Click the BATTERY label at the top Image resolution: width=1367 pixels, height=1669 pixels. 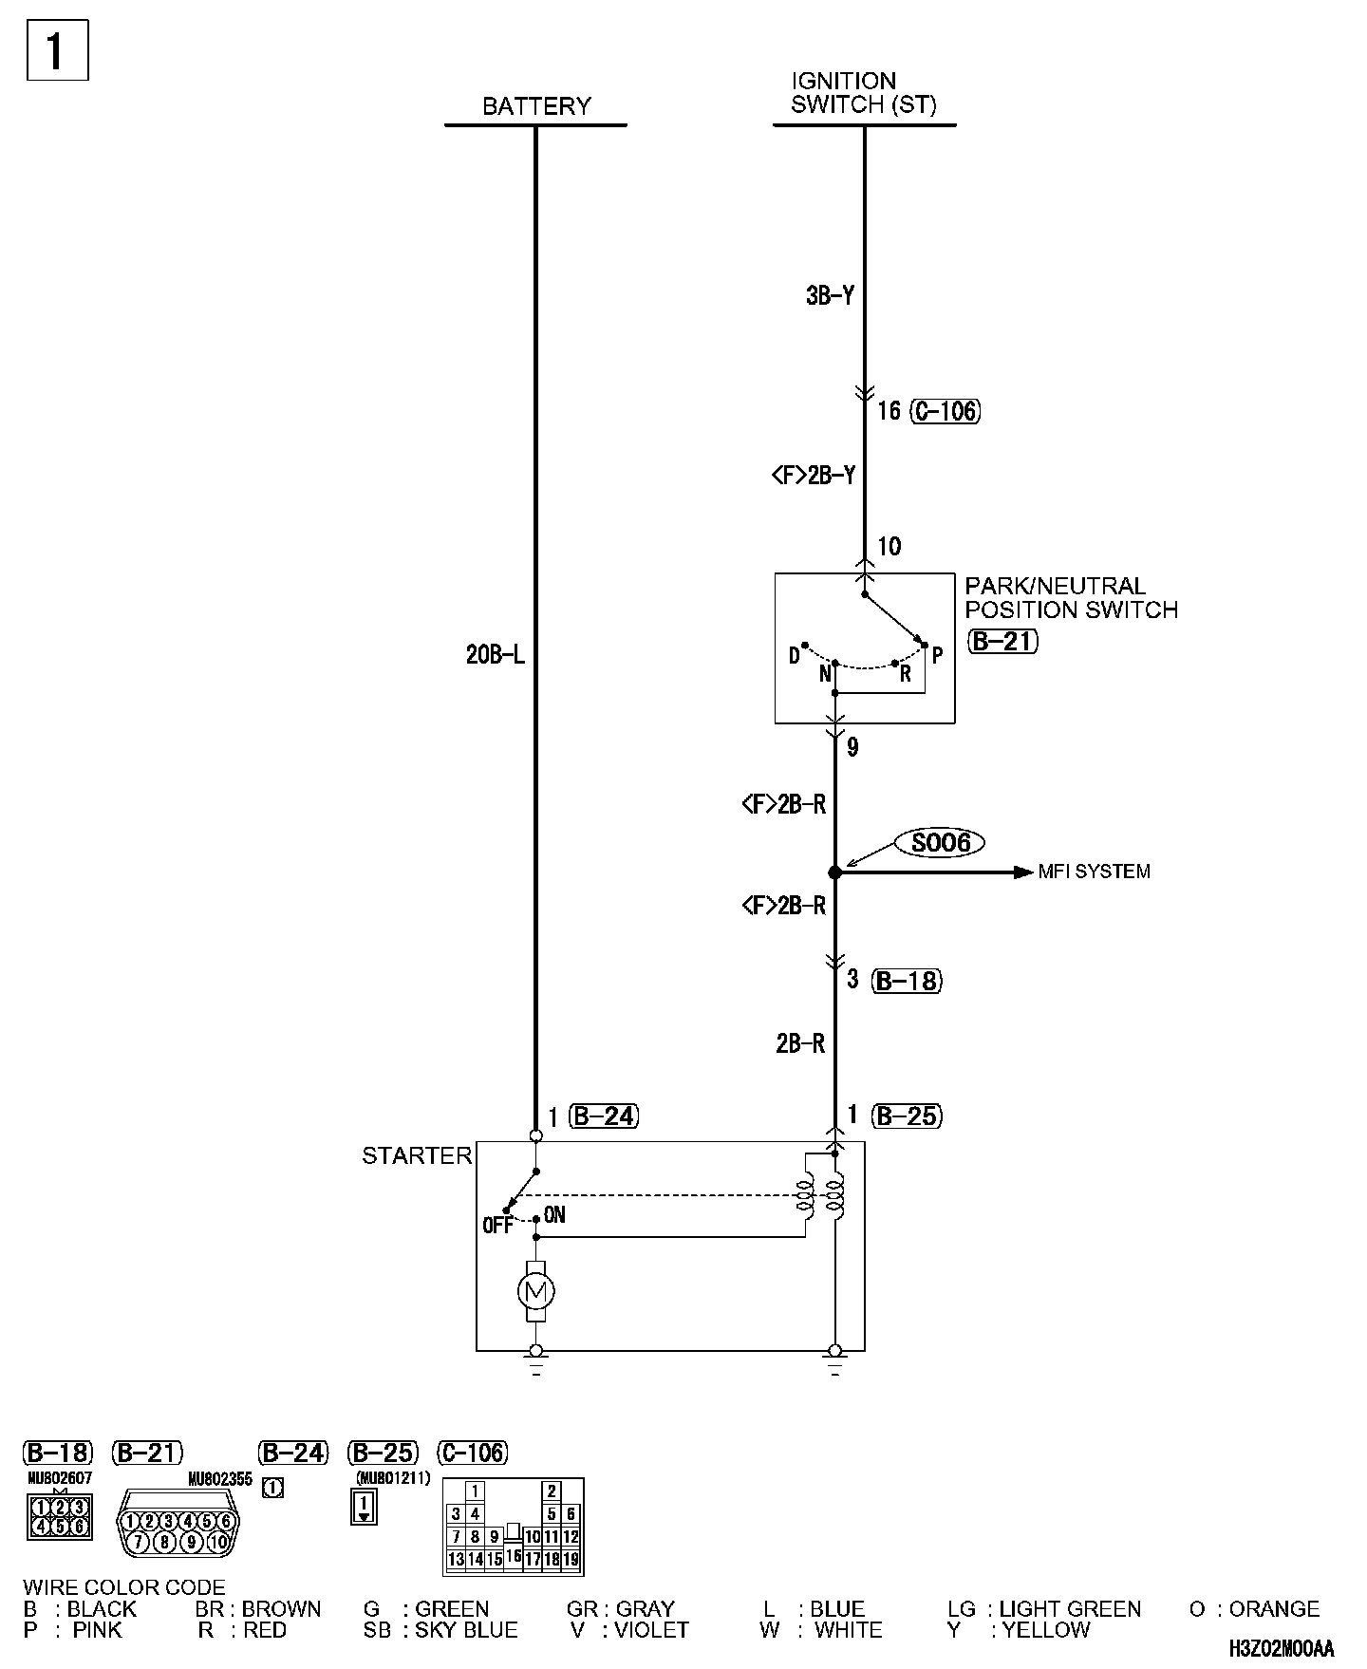536,106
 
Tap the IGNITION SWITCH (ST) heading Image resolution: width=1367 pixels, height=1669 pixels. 863,93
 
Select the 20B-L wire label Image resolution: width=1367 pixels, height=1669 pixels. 495,655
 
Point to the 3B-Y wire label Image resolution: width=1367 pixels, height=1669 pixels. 830,296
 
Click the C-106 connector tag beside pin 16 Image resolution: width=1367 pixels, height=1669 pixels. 946,411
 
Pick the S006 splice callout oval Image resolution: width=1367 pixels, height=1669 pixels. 940,843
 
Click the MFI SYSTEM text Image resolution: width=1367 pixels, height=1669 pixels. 1094,872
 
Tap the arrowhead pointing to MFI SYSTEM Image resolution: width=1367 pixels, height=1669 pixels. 1022,872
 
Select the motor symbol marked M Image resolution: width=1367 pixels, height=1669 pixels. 535,1291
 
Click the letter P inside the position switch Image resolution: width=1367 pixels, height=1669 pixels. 937,655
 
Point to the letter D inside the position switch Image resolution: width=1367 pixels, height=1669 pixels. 795,656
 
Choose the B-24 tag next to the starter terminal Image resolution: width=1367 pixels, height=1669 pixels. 604,1116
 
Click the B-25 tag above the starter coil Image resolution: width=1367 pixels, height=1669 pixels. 907,1116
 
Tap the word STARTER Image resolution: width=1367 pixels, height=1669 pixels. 417,1155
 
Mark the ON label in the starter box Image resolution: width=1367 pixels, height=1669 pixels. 554,1215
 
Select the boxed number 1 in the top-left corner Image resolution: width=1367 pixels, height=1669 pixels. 56,50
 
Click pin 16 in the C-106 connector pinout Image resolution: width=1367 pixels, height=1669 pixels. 514,1556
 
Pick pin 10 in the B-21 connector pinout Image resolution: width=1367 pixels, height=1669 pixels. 219,1543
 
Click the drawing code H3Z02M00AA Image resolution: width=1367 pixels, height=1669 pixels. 1281,1648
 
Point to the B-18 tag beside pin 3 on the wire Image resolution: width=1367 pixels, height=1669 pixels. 907,981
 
